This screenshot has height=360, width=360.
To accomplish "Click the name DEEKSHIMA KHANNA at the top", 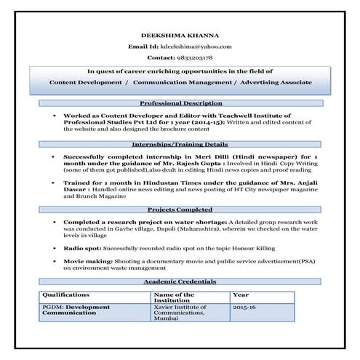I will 180,35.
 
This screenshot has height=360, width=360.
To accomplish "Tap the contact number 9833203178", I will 191,57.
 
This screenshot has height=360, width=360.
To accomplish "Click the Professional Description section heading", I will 180,103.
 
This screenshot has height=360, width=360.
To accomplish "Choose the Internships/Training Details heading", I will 180,144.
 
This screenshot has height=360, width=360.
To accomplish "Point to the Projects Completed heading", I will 180,209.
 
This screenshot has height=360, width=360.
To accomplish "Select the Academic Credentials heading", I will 180,281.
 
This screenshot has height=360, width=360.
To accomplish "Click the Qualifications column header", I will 65,295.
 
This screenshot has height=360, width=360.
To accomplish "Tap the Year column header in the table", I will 241,295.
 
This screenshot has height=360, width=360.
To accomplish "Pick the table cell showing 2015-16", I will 244,308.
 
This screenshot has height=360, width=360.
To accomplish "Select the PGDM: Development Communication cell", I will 76,311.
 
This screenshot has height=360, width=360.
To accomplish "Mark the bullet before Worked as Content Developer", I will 55,116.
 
